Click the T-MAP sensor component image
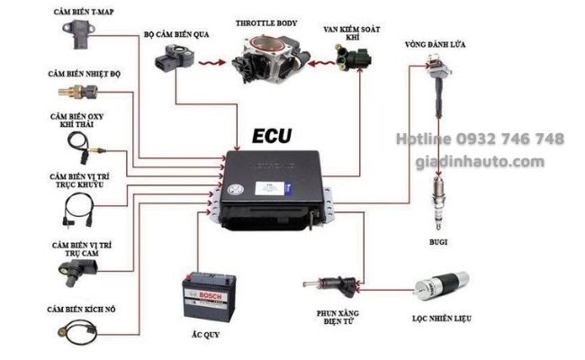(78, 34)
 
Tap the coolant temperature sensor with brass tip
(77, 92)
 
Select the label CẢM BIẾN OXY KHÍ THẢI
(76, 121)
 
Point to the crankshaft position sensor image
(78, 210)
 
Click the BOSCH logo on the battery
(210, 295)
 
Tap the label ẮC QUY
(205, 335)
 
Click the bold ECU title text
(272, 136)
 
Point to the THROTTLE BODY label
(266, 23)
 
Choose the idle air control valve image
(353, 58)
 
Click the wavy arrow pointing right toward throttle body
(212, 63)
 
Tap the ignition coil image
(439, 85)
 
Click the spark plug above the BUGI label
(438, 203)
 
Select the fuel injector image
(331, 285)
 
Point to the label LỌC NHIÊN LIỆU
(442, 319)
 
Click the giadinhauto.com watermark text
(481, 162)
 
